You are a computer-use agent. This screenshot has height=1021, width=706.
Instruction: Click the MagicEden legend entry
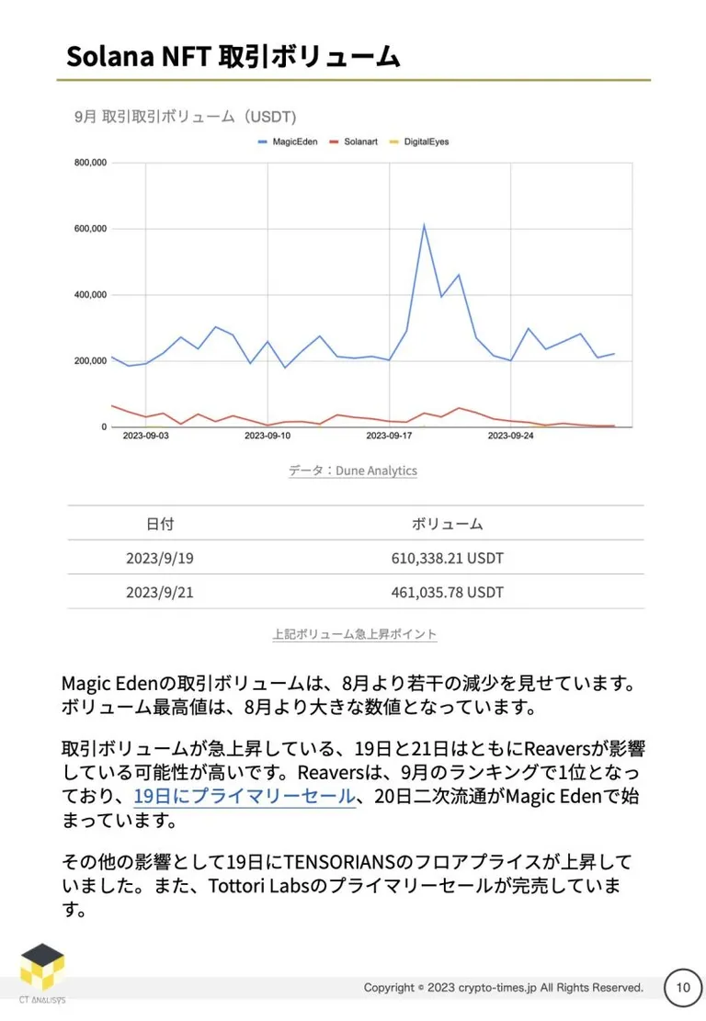288,142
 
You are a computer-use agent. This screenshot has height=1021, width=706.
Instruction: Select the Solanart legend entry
354,142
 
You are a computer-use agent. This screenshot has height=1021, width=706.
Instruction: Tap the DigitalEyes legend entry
419,142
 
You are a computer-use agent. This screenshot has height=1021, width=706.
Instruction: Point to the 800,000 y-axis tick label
90,162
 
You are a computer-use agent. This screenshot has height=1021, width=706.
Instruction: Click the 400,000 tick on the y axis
90,294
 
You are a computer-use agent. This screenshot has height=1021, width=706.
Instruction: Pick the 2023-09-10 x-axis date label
268,436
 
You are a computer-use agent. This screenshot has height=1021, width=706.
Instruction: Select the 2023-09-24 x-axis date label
510,436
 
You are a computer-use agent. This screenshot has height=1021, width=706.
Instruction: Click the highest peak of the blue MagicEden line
424,225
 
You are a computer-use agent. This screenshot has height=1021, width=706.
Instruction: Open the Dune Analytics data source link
353,471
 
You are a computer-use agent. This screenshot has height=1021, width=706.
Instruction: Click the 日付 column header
160,524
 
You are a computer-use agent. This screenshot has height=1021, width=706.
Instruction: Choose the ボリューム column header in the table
447,524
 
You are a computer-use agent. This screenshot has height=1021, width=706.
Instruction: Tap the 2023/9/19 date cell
160,558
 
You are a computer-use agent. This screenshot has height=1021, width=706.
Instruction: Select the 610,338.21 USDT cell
448,558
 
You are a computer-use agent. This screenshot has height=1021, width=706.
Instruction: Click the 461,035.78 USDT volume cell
448,592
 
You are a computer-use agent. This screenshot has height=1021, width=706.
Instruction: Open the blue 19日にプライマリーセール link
245,796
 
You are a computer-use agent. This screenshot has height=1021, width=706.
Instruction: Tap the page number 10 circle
682,988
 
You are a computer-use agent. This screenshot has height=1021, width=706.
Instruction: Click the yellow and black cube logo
42,968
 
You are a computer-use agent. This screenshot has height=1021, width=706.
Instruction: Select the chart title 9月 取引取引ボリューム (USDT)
185,117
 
